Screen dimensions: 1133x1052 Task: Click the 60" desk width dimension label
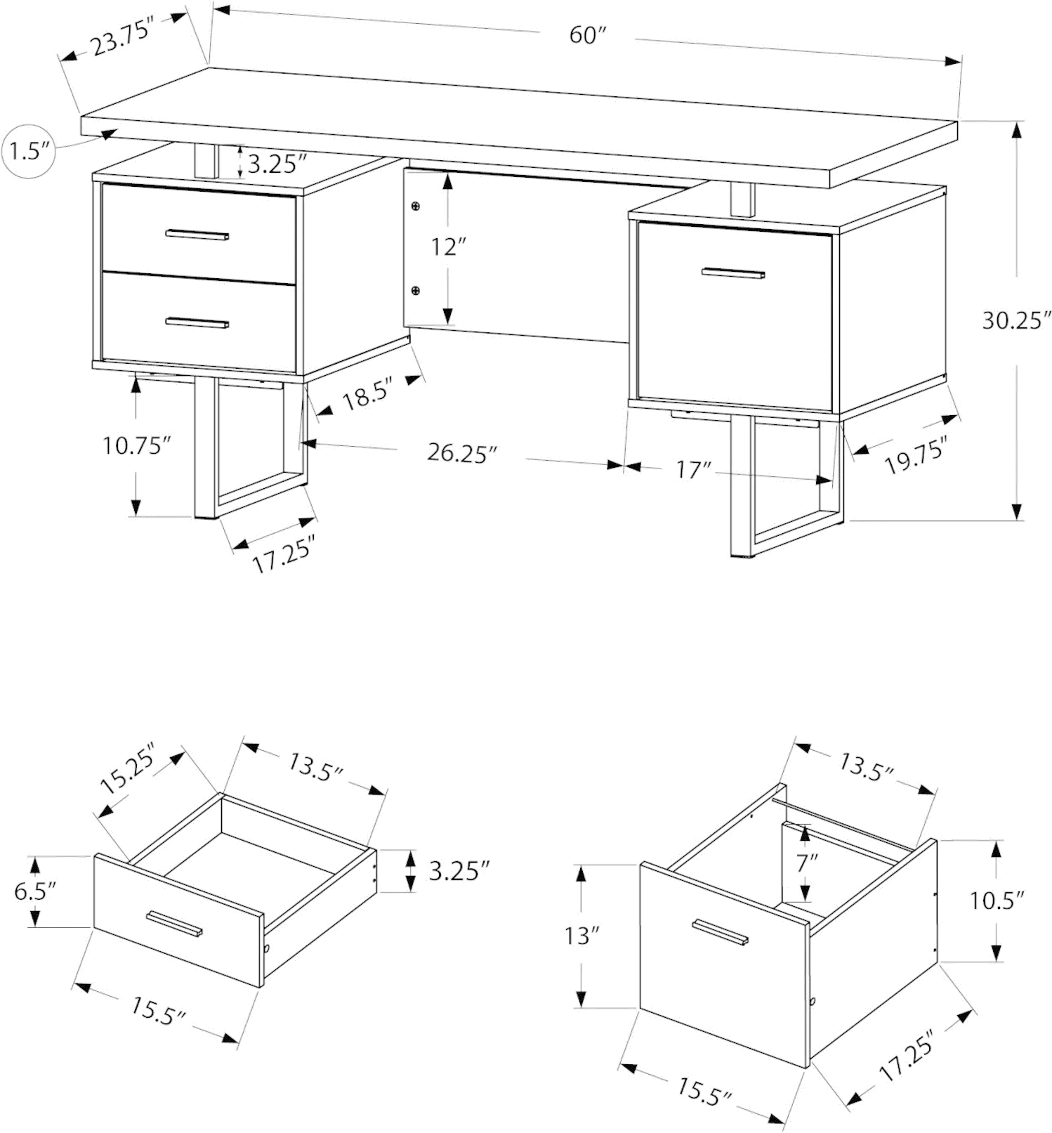586,35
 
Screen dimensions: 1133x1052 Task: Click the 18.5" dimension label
365,398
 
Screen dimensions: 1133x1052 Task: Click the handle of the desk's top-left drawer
198,235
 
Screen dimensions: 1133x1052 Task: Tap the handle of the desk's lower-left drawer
197,322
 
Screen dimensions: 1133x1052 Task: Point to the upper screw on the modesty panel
416,207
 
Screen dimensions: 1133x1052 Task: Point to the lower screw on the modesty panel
416,290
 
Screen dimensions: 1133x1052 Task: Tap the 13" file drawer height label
583,936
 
